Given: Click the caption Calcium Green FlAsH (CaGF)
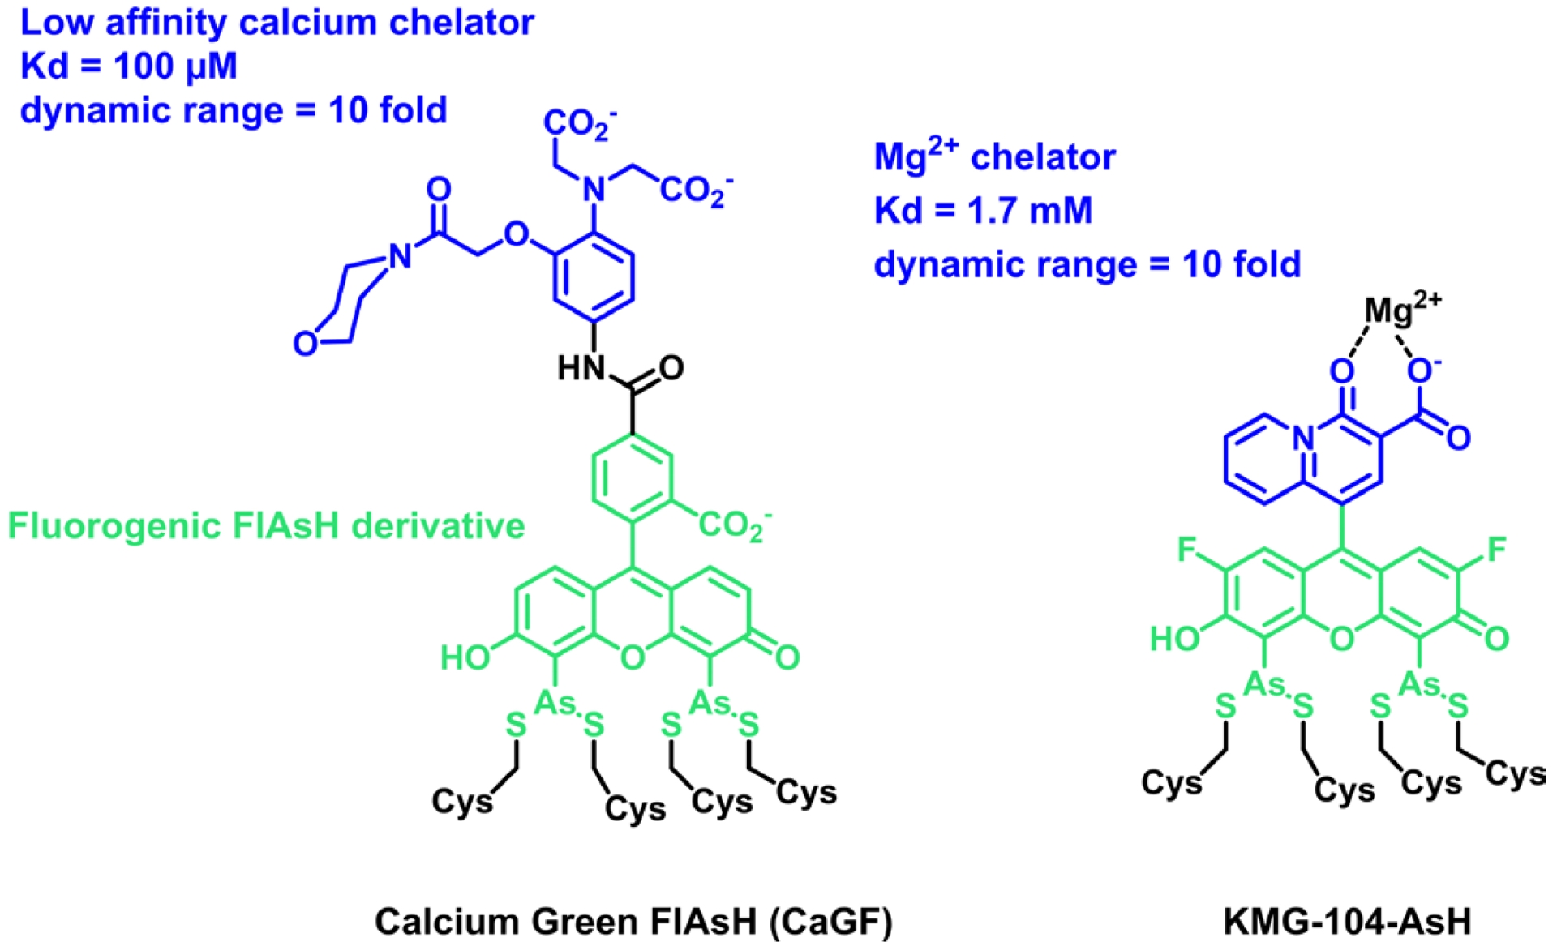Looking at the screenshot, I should pyautogui.click(x=633, y=921).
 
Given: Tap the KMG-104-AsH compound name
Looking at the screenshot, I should pyautogui.click(x=1347, y=921).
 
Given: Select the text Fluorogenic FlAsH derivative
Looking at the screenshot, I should pyautogui.click(x=266, y=526).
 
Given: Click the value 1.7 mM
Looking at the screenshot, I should pyautogui.click(x=1030, y=211).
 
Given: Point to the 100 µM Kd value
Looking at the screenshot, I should pyautogui.click(x=175, y=66).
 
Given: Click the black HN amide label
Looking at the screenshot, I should pyautogui.click(x=581, y=368).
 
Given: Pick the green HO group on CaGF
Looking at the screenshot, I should pyautogui.click(x=465, y=657).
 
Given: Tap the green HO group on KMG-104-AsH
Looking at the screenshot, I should pyautogui.click(x=1174, y=639).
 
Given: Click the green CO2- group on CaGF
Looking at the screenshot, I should pyautogui.click(x=734, y=525).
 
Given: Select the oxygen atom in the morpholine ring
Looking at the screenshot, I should pyautogui.click(x=305, y=343).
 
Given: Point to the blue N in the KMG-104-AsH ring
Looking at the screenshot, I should pyautogui.click(x=1303, y=438).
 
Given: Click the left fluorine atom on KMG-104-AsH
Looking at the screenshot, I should pyautogui.click(x=1187, y=550).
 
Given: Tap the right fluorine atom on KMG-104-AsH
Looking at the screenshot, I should pyautogui.click(x=1496, y=550).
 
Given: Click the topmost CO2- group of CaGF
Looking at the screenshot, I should pyautogui.click(x=579, y=125).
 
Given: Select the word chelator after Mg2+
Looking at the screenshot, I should pyautogui.click(x=1043, y=156).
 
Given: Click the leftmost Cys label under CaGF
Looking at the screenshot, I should pyautogui.click(x=461, y=801).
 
